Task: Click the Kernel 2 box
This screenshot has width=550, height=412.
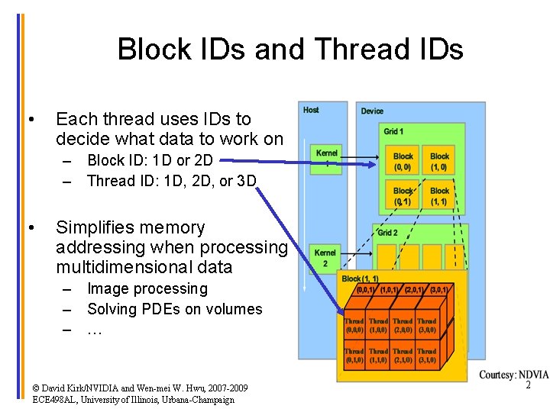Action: click(325, 258)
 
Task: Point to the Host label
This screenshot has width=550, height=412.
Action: click(311, 110)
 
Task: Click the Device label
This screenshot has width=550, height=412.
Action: click(372, 111)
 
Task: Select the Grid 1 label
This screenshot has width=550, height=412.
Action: click(393, 132)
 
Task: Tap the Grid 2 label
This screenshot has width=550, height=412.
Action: click(387, 233)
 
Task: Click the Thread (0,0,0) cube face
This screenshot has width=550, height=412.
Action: click(354, 326)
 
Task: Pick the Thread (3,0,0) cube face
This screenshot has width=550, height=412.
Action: click(426, 326)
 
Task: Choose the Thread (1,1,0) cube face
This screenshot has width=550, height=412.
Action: click(378, 355)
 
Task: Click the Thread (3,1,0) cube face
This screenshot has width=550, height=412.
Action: click(426, 355)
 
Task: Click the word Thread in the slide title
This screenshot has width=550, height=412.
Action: click(355, 50)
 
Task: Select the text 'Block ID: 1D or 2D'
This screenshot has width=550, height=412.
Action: click(150, 160)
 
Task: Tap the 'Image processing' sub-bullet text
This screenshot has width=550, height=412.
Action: click(147, 288)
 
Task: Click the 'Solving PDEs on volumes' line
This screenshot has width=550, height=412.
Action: click(174, 309)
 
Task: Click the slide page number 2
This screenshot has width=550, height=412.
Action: click(528, 387)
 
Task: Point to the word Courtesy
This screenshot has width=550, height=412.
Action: click(497, 375)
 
